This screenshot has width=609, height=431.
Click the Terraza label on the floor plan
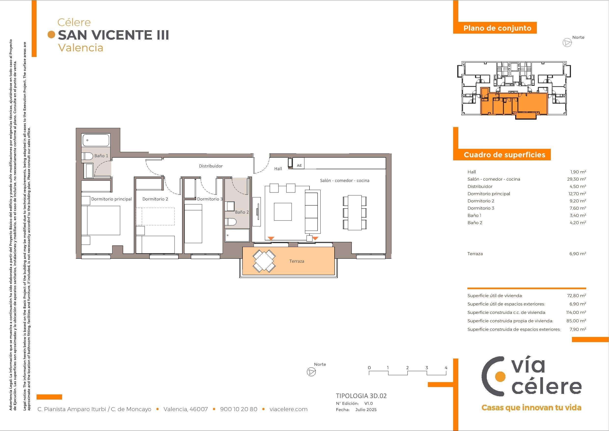(x=297, y=261)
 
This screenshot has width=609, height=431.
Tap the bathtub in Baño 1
(x=96, y=140)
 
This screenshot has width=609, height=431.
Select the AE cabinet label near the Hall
(x=299, y=166)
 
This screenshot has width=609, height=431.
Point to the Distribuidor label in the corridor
(x=211, y=166)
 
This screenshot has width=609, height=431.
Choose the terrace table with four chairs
(x=264, y=261)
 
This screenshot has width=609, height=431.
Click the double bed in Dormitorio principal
(x=101, y=221)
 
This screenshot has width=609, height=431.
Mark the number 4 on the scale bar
(x=446, y=368)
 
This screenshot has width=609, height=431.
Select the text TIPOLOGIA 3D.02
(x=361, y=396)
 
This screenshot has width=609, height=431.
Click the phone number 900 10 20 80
(x=239, y=409)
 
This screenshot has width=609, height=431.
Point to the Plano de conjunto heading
(x=497, y=28)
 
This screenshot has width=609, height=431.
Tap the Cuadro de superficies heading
(x=504, y=155)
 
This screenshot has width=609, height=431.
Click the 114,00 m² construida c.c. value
(x=576, y=312)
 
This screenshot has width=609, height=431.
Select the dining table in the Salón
(x=355, y=213)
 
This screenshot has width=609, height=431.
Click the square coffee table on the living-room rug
(x=283, y=212)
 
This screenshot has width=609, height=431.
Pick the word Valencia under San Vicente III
(x=81, y=48)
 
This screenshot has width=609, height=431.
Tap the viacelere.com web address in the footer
(x=289, y=409)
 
